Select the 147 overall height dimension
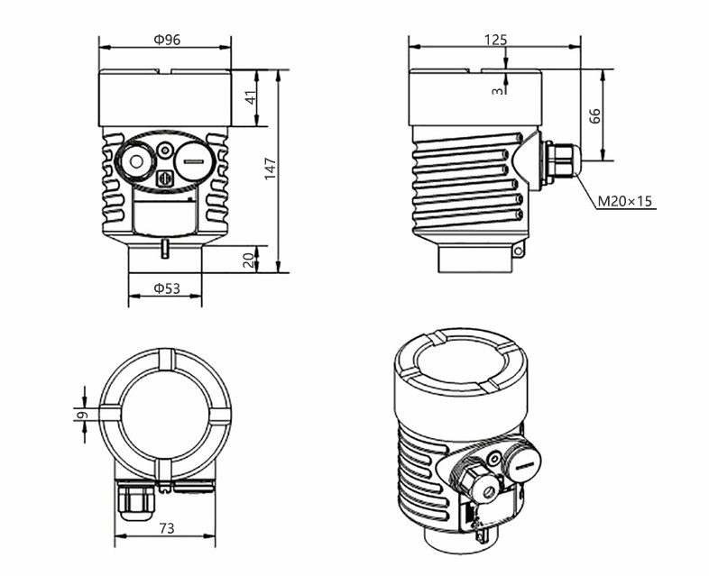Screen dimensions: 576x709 coord(271,169)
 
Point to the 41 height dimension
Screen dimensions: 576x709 coord(252,96)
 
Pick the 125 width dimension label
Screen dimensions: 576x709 coord(495,39)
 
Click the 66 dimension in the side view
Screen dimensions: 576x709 coord(594,114)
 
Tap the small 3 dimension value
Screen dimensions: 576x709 coord(496,90)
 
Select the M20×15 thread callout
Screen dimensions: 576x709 coord(625,201)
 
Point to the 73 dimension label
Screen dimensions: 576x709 coord(166,527)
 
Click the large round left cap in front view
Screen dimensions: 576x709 coord(136,163)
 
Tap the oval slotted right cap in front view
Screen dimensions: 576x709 coord(191,163)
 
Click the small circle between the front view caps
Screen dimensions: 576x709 coord(164,150)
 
